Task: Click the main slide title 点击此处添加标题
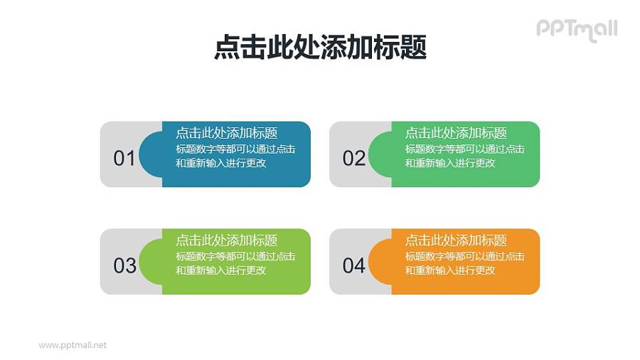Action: point(320,48)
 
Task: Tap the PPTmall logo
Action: point(576,28)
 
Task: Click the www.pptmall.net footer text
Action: point(73,345)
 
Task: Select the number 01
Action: point(124,158)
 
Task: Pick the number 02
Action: point(353,158)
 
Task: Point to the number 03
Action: point(124,265)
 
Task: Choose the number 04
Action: point(353,265)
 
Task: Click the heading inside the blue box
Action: point(226,133)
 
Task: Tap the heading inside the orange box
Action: point(456,240)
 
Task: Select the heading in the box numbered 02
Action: point(456,133)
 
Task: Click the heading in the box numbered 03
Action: point(226,240)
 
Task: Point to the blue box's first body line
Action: point(235,149)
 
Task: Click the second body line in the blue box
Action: point(220,163)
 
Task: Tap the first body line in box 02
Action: point(465,149)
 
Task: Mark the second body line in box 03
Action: point(220,270)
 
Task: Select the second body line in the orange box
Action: point(450,270)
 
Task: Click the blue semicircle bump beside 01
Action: point(151,154)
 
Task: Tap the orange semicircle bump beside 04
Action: point(380,262)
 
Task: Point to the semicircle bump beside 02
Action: point(380,154)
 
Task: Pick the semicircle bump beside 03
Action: point(151,262)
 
